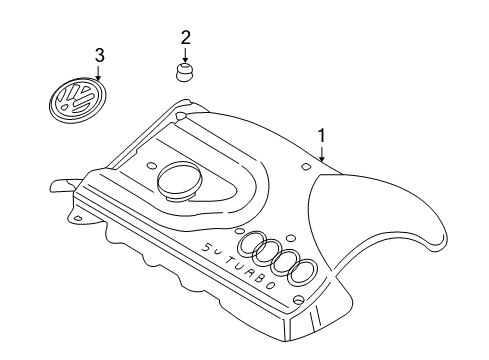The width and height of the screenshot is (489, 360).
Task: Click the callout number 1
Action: pos(322,135)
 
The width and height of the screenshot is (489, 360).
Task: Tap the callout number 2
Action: pos(186,38)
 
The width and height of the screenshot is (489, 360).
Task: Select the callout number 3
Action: pos(100,55)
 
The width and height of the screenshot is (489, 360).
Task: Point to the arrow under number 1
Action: pos(322,153)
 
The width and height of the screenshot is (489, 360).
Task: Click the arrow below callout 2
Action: pos(186,54)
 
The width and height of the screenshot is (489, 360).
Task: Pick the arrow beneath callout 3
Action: pos(98,73)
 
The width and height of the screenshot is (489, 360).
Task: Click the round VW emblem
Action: pos(79,100)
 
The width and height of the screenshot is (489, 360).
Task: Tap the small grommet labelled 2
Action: pos(185,72)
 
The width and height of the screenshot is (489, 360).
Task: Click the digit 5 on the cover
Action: pos(207,247)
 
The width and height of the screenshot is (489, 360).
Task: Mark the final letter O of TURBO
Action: pos(271,286)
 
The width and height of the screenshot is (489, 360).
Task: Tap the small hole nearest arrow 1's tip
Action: pos(306,166)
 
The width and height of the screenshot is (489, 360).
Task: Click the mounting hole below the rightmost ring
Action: pos(298,300)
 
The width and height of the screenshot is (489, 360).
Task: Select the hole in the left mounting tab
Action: pos(78,218)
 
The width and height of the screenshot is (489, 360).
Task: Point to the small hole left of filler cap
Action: pos(152,166)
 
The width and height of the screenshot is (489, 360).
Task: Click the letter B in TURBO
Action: pos(260,279)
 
